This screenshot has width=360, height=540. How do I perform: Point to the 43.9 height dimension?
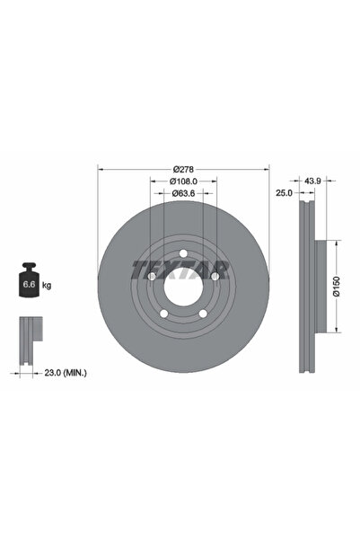coord(313,181)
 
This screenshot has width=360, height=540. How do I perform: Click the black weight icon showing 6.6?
coord(28,284)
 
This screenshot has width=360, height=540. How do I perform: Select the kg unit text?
coord(47,285)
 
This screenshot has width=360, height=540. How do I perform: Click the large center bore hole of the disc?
coord(182,288)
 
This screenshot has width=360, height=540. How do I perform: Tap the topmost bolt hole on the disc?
coord(182,253)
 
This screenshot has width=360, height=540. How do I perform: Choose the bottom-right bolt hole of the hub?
coord(203,314)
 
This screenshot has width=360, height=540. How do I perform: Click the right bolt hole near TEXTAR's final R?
coord(215,277)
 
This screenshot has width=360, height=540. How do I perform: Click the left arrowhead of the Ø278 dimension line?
coord(100,170)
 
